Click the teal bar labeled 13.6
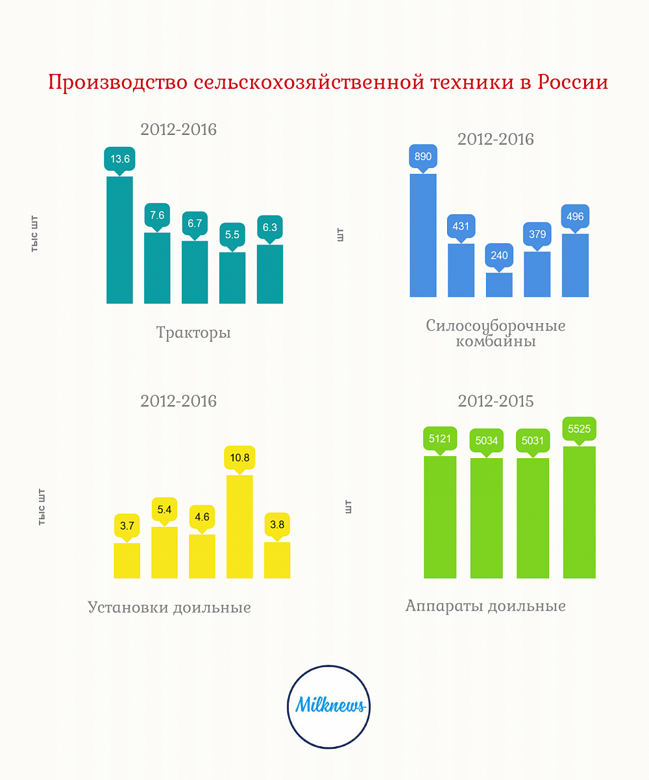pyautogui.click(x=119, y=240)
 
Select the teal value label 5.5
pyautogui.click(x=232, y=234)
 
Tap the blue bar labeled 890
pyautogui.click(x=423, y=236)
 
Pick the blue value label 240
pyautogui.click(x=499, y=255)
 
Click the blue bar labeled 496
pyautogui.click(x=575, y=265)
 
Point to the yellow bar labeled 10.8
pyautogui.click(x=239, y=526)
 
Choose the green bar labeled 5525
pyautogui.click(x=580, y=512)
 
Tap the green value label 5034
pyautogui.click(x=486, y=441)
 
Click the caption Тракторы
pyautogui.click(x=193, y=334)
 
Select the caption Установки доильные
pyautogui.click(x=169, y=608)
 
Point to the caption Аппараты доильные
pyautogui.click(x=485, y=606)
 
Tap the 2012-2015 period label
pyautogui.click(x=496, y=401)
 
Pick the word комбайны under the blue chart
pyautogui.click(x=496, y=341)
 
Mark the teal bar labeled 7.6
pyautogui.click(x=157, y=268)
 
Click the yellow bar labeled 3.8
pyautogui.click(x=277, y=560)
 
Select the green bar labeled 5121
pyautogui.click(x=440, y=517)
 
